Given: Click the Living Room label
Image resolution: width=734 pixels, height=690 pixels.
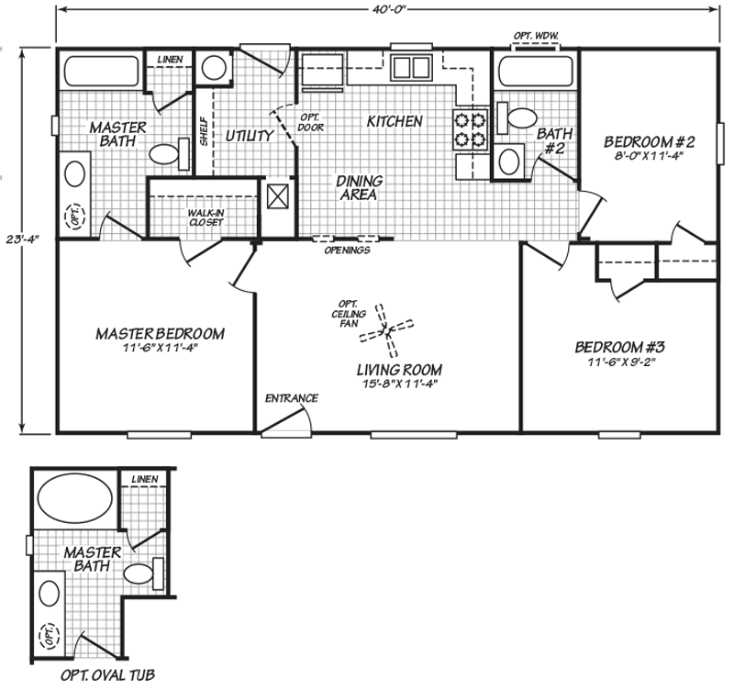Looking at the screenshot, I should [400, 370].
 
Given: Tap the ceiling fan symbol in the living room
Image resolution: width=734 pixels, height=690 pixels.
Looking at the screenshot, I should [386, 330].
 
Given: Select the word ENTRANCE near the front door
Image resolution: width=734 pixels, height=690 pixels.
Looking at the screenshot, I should [291, 398].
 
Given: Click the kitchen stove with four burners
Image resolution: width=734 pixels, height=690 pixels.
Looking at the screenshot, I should [470, 128].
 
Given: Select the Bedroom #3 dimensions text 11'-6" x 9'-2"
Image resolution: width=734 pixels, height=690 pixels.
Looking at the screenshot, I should [618, 362].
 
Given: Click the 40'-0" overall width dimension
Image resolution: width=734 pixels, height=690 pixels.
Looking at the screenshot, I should [390, 8].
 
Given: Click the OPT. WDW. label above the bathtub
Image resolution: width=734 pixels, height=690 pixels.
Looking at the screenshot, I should [536, 36].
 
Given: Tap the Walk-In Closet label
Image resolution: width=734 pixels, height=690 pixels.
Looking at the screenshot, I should [206, 217].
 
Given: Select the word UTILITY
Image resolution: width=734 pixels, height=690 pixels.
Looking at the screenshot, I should [249, 137].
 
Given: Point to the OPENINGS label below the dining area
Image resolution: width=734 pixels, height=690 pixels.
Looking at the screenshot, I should [348, 250].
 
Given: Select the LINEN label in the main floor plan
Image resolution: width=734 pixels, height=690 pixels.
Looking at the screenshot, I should [170, 59].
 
